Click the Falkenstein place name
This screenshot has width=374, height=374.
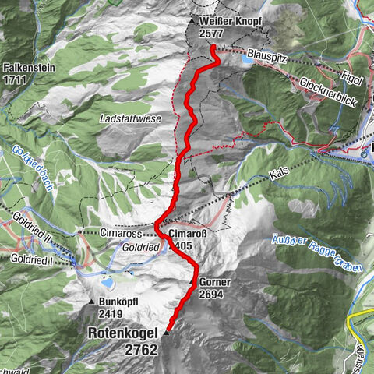coord(28,68)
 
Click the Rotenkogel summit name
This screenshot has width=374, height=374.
coord(123,333)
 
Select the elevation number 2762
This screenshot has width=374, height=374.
coord(140,350)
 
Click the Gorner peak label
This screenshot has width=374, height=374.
coord(212,283)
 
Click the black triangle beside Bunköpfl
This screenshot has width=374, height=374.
coord(91,302)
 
